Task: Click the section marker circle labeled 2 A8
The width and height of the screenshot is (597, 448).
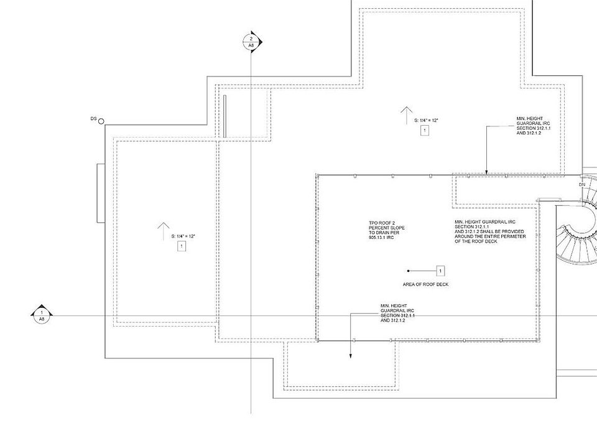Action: [251, 42]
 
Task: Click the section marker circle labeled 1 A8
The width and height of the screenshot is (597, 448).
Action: [42, 315]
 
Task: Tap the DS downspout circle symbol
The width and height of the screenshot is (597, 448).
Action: [101, 121]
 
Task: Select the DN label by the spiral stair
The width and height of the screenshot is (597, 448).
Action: [582, 185]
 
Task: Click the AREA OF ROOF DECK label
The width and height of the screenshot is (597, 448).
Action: [425, 284]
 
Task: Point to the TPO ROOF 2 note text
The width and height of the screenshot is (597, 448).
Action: [386, 230]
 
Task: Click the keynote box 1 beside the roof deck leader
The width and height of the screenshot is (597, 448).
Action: [440, 271]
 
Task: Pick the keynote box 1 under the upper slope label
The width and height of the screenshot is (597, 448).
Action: [425, 131]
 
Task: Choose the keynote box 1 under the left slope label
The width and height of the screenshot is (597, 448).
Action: [182, 246]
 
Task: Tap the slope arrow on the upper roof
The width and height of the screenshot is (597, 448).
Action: [407, 116]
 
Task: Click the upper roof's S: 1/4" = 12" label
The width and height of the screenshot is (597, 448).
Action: [427, 120]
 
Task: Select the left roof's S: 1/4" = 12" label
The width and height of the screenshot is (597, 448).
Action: [183, 236]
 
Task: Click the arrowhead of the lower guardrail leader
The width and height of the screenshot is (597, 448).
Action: [351, 356]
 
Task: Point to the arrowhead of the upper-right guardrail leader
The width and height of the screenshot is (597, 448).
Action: [486, 172]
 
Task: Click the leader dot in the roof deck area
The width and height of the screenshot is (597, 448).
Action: [409, 271]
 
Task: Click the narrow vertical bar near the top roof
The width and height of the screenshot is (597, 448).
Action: [224, 116]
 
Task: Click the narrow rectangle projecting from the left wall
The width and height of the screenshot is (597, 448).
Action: [101, 193]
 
